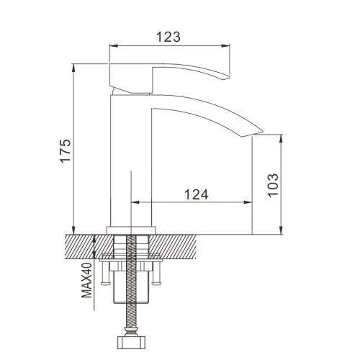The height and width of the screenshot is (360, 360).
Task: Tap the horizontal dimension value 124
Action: pos(196,194)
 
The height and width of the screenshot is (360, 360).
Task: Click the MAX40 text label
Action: pos(85,280)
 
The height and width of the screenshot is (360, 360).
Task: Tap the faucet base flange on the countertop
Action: pos(131,230)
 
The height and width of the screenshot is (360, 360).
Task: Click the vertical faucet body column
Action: pos(131,158)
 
